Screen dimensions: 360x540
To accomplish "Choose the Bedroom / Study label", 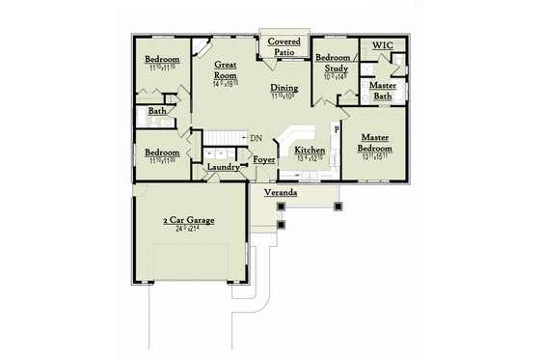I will [337, 62].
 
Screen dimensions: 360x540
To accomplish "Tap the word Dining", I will [283, 89].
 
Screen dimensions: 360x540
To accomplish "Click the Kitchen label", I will [310, 151].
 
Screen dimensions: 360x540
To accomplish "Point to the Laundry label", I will [223, 168].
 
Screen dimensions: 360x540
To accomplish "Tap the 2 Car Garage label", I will [188, 220].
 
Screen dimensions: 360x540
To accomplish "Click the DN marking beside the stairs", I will [256, 138].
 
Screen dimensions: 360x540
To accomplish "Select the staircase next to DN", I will [221, 138].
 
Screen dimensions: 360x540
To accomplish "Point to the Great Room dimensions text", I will [226, 84].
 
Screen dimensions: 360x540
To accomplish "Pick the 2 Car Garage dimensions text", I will [188, 231].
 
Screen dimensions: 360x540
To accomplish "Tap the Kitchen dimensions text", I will [310, 160].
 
